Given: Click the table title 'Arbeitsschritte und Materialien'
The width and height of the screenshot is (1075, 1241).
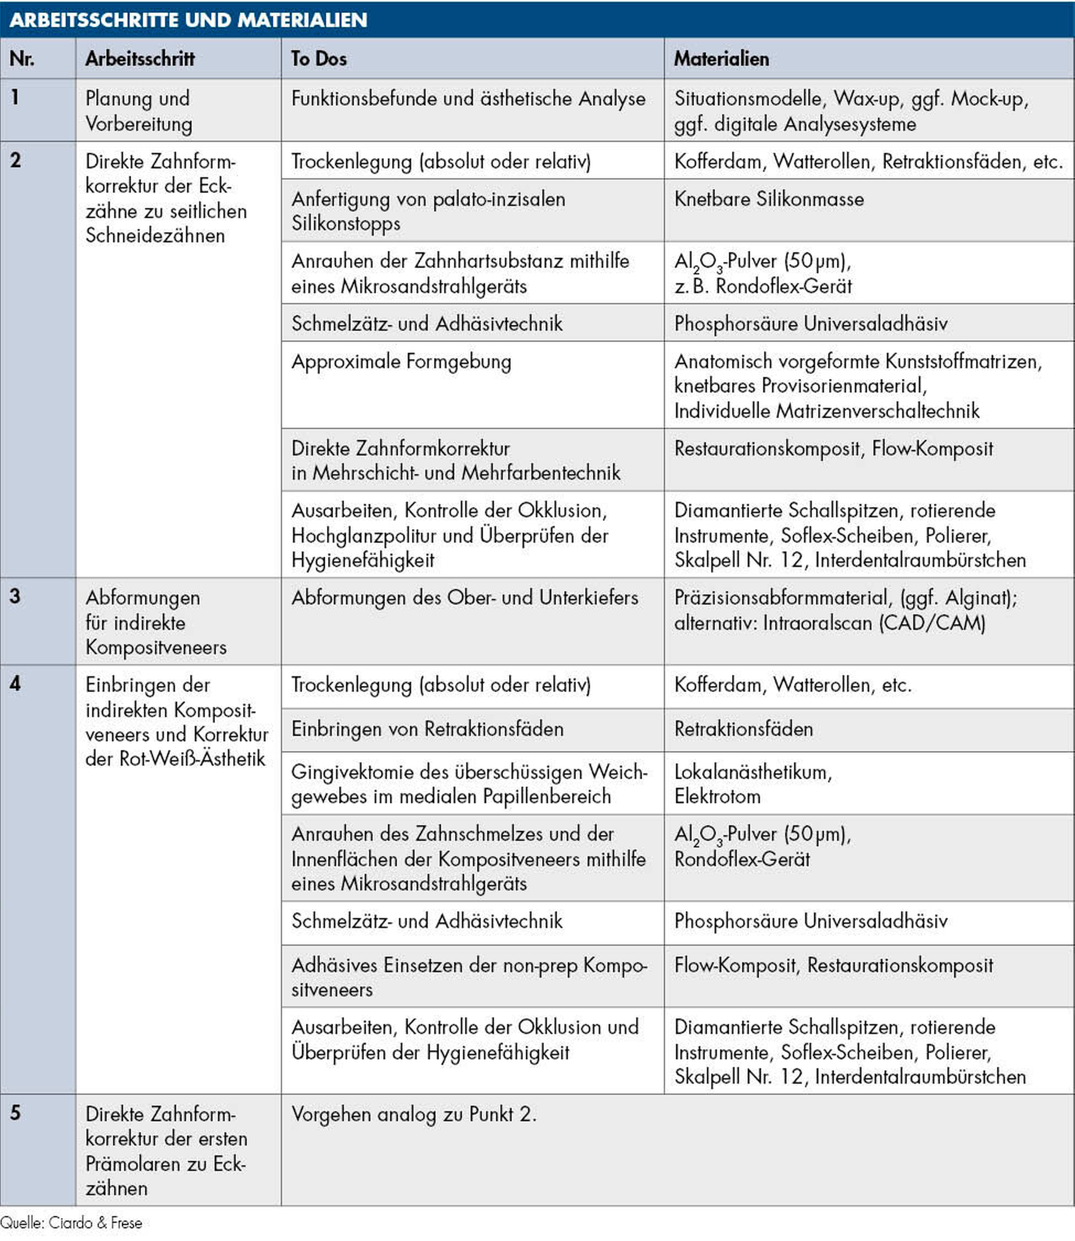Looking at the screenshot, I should (188, 20).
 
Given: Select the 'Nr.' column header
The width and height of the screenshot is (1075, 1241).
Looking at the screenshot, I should (22, 59).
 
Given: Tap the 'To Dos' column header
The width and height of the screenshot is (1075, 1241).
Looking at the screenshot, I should (319, 59).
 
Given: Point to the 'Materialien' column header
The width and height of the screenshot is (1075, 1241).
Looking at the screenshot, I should (721, 59).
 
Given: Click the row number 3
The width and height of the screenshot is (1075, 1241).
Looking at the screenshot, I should (15, 596).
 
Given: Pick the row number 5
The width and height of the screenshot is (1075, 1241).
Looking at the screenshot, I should (15, 1113).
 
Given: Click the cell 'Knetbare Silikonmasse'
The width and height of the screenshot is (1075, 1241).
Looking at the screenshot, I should (768, 199).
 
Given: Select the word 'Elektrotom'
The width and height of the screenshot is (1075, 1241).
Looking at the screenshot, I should (717, 796).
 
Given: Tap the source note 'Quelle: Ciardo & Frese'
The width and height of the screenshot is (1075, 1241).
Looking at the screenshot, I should (71, 1223).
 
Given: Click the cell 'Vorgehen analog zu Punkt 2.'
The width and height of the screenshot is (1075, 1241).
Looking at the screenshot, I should (414, 1114).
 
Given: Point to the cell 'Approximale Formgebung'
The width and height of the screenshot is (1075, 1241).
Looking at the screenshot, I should (401, 362).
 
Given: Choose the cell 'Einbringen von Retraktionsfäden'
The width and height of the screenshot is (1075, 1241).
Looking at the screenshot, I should (427, 729).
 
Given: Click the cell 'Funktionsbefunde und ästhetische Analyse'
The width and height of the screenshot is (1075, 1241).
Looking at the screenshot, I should (468, 99).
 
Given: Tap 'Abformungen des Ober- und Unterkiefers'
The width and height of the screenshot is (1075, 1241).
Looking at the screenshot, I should (465, 598).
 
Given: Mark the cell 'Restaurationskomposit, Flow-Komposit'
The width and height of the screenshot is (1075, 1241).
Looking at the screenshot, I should (833, 449).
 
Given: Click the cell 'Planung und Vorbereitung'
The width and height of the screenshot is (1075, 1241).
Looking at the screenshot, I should (139, 111).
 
